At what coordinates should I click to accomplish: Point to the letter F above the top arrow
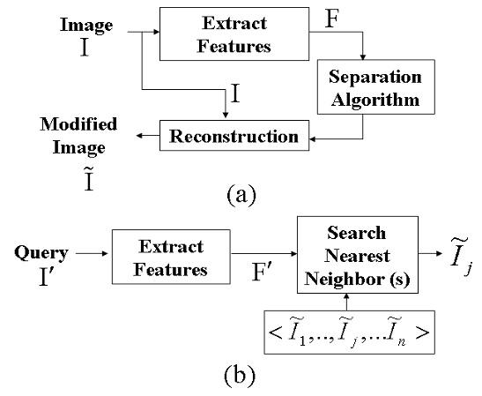click(x=332, y=19)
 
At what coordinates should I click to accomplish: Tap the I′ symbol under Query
click(x=48, y=277)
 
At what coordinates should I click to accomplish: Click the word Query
click(x=41, y=253)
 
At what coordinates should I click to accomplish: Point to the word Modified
click(x=78, y=123)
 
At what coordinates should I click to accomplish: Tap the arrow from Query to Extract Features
click(x=92, y=253)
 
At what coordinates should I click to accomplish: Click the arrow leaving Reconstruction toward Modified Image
click(x=148, y=136)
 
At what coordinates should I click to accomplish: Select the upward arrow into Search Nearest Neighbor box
click(x=347, y=302)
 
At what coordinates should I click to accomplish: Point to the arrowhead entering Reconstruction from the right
click(x=312, y=139)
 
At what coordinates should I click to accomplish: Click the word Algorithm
click(x=375, y=100)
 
